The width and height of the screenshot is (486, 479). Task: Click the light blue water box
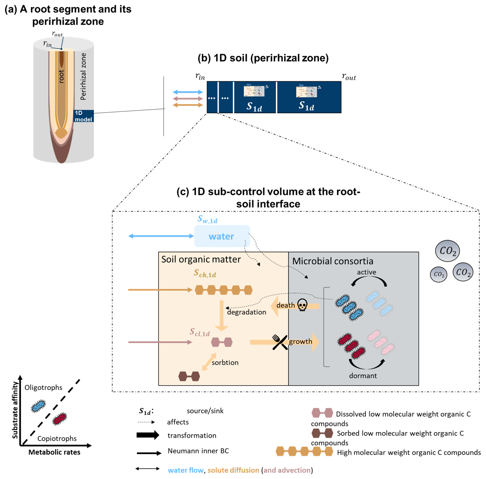pos(222,236)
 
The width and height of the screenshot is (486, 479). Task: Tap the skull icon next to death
pos(303,306)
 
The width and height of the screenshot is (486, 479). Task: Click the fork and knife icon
pos(280,342)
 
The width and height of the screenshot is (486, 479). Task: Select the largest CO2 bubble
pos(448,251)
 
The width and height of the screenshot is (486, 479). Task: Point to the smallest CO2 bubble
pos(439,274)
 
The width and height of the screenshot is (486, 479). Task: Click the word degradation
pos(246,312)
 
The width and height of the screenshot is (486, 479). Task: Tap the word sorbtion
pos(225,362)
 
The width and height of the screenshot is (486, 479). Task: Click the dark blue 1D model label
pos(84,116)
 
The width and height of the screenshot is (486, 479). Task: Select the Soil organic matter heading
pos(201,259)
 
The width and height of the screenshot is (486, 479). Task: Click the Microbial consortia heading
pos(333,261)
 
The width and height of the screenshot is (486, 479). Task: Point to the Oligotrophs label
pos(43,387)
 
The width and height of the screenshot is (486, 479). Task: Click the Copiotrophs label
pos(57,439)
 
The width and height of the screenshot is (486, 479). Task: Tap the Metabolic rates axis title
pos(54,452)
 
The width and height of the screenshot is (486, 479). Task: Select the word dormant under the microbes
pos(363,376)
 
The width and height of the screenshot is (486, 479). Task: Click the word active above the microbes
pos(366,272)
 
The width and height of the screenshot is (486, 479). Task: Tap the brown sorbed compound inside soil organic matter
pos(189,377)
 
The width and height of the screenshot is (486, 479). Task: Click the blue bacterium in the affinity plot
pos(39,406)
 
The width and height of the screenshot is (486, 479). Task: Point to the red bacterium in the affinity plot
pos(59,419)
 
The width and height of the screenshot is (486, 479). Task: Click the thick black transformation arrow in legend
pos(148,435)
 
